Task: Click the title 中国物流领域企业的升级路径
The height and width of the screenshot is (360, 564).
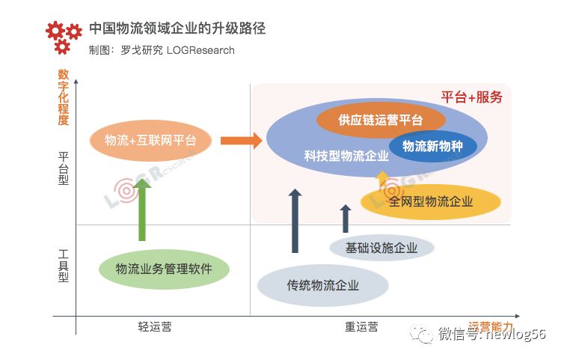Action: [x=177, y=29]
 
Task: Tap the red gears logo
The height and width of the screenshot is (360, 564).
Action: [x=63, y=37]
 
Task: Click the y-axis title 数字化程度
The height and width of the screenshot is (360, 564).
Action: [x=63, y=97]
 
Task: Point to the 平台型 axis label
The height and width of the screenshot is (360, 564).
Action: [x=63, y=171]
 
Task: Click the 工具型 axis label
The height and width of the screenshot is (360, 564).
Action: [x=63, y=266]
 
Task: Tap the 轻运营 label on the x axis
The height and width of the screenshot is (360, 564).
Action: [x=159, y=327]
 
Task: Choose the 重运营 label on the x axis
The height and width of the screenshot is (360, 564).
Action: [x=361, y=327]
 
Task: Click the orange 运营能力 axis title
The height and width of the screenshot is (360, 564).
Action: [x=491, y=326]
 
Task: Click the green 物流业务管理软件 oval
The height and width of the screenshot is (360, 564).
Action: [x=164, y=269]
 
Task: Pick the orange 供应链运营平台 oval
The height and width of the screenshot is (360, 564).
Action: [x=381, y=120]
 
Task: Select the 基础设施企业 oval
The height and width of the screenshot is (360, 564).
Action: [x=381, y=248]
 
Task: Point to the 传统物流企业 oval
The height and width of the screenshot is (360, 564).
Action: [x=323, y=285]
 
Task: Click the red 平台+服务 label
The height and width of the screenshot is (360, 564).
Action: [x=471, y=97]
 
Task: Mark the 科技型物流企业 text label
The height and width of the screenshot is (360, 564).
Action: [x=346, y=156]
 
